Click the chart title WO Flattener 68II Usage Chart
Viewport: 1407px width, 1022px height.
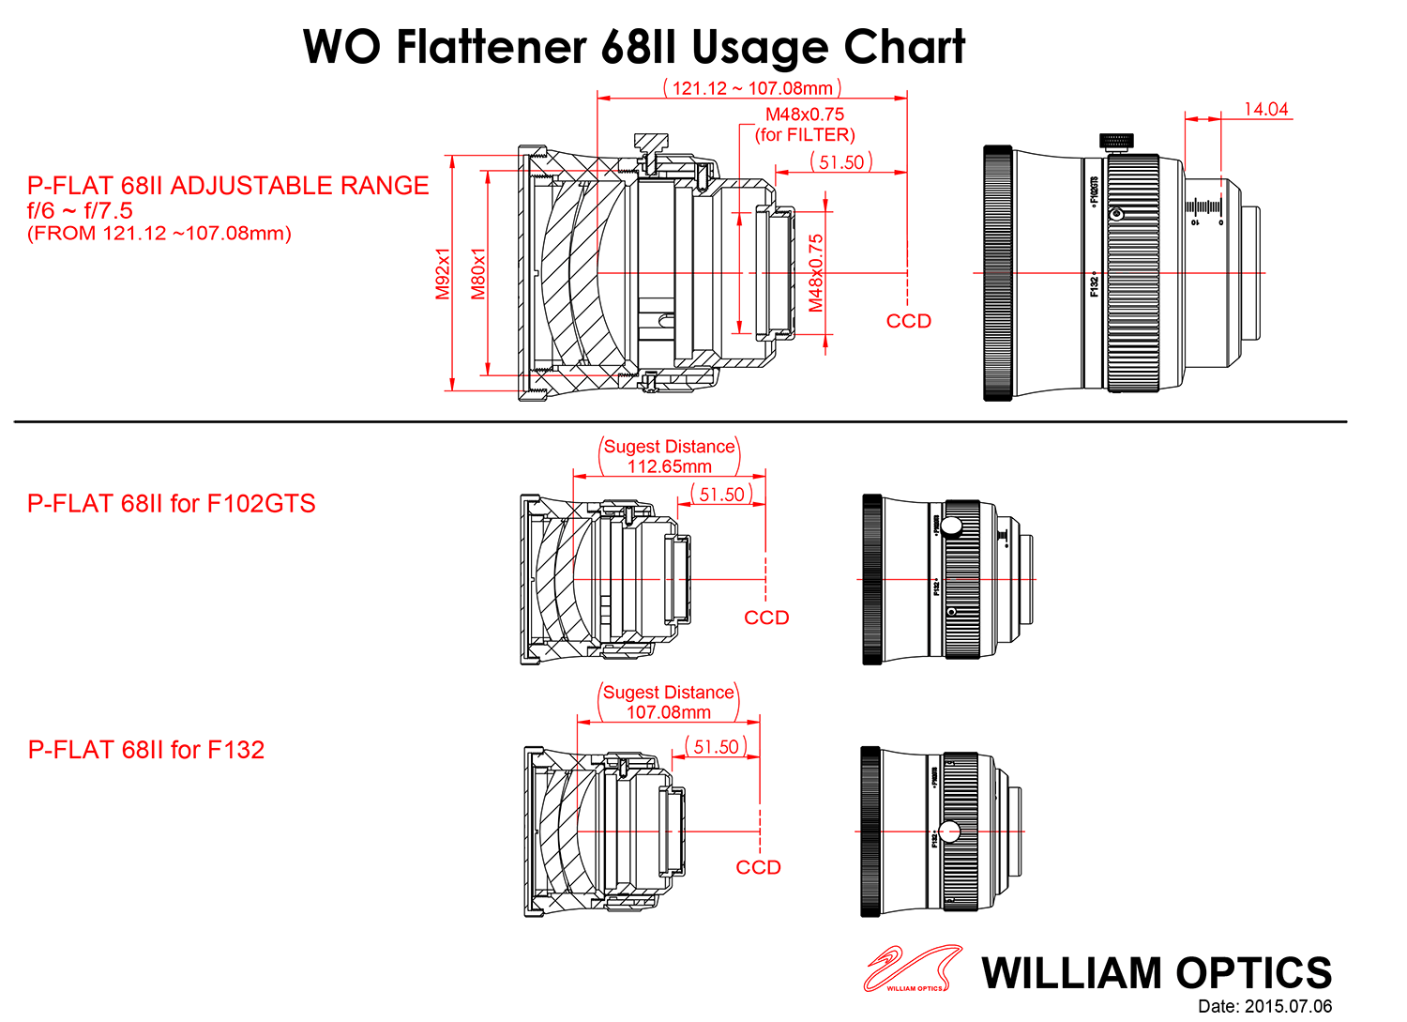pos(634,47)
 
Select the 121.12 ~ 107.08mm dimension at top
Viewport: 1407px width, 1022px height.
pos(752,88)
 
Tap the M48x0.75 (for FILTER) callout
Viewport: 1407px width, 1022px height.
pos(805,125)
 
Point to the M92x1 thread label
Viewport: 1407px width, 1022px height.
pos(443,274)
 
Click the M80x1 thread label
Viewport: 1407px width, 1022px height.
pos(478,274)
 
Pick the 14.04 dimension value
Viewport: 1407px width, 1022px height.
pos(1265,110)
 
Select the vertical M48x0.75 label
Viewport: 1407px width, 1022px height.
pos(816,273)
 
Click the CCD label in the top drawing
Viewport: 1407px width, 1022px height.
pos(908,321)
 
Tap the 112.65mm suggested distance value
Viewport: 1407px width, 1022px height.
pos(669,466)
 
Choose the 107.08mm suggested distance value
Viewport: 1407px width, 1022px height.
pos(668,712)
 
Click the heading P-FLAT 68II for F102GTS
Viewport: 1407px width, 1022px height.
pos(172,504)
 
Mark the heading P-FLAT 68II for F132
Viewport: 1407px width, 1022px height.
pos(146,750)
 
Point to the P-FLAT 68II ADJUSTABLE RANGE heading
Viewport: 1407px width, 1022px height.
pos(228,186)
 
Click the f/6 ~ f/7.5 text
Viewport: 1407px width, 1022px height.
pos(80,211)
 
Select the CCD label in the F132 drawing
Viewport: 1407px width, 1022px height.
pos(758,867)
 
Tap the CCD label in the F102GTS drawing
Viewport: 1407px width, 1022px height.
pos(766,618)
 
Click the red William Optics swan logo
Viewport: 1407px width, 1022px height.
pos(911,969)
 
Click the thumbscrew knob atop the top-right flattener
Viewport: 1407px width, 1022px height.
pos(1115,142)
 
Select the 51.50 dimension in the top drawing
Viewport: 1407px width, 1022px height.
pos(841,162)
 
